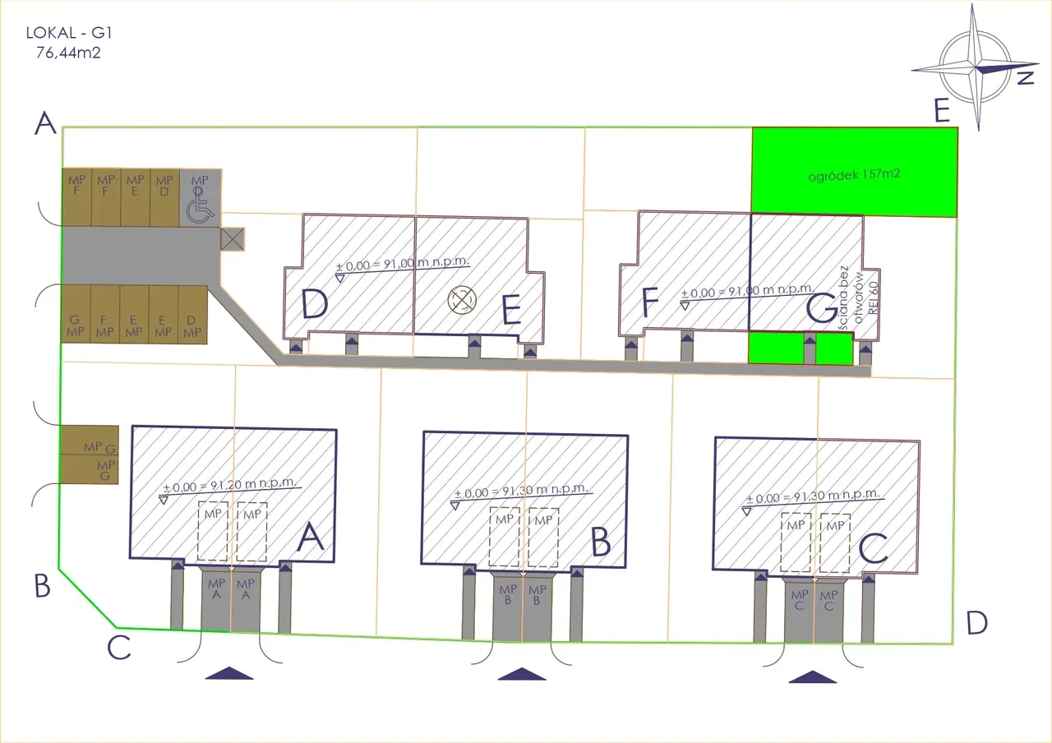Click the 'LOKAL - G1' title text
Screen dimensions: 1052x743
[69, 33]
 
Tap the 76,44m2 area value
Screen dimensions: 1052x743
[68, 53]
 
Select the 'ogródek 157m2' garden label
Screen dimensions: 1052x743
[854, 175]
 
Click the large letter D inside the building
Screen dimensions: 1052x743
[314, 303]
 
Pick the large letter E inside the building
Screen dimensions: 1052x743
[511, 310]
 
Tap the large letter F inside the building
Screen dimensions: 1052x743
[649, 302]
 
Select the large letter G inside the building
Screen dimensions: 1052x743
[821, 308]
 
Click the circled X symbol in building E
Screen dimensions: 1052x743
[462, 300]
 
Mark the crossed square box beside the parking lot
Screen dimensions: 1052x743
[233, 239]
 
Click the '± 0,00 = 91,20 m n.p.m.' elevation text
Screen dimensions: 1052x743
[229, 485]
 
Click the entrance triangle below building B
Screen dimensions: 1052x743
[521, 674]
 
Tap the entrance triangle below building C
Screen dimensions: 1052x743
[813, 676]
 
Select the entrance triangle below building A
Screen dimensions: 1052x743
[229, 673]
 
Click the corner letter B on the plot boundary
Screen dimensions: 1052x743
[42, 586]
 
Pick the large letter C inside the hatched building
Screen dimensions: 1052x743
[873, 547]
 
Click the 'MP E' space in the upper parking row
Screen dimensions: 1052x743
[136, 186]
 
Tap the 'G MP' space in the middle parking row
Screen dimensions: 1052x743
[75, 325]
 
